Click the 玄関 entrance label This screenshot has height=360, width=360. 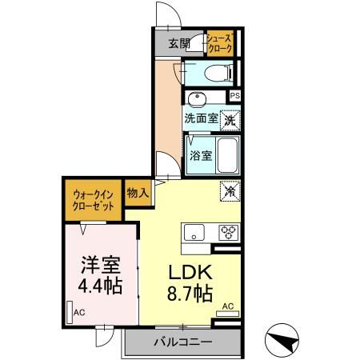(180, 43)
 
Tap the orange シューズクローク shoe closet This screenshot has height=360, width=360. (219, 43)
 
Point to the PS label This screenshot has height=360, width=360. (234, 96)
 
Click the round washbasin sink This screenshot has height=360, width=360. (197, 99)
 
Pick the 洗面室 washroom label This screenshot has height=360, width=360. (201, 118)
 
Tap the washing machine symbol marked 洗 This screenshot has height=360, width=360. (230, 120)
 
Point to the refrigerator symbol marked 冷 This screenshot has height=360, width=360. (230, 191)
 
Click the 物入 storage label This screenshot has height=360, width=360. (138, 192)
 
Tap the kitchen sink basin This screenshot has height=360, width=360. (194, 233)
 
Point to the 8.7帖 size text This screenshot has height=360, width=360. (190, 294)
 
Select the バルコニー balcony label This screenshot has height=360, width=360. (183, 342)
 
